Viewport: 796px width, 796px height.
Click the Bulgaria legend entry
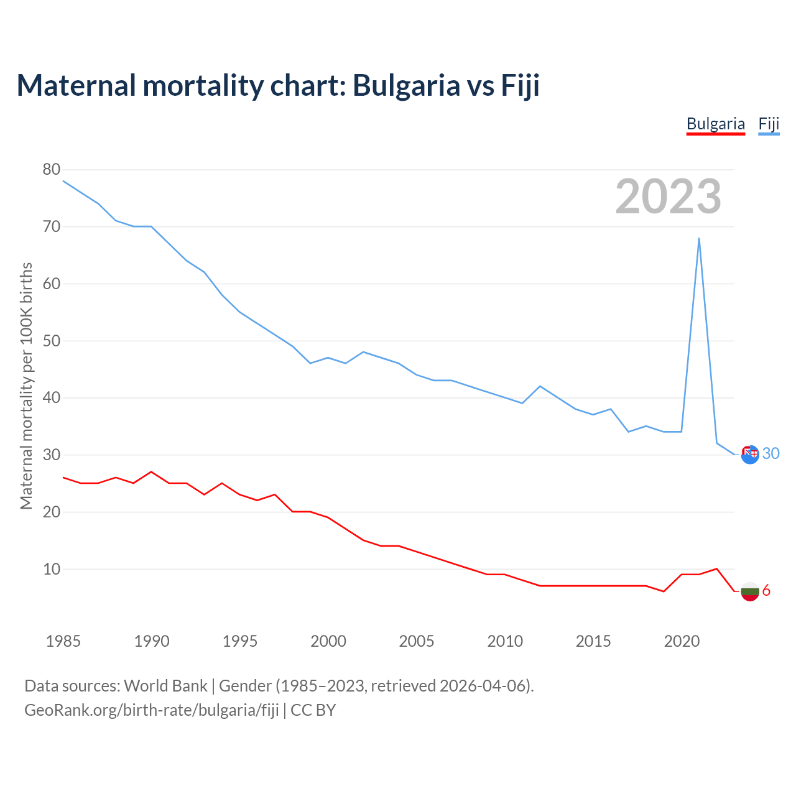(x=715, y=124)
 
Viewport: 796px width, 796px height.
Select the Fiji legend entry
(x=769, y=124)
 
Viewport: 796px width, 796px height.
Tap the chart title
(x=278, y=85)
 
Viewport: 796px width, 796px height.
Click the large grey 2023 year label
(x=668, y=197)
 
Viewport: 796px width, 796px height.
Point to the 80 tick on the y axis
(x=52, y=169)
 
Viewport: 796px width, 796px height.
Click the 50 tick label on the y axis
(x=52, y=341)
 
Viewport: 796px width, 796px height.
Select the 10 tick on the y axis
(x=52, y=569)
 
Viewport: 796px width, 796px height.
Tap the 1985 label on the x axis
(x=63, y=641)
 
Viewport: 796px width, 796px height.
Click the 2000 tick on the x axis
(x=328, y=641)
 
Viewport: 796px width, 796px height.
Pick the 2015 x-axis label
(x=593, y=641)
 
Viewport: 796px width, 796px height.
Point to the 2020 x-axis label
(x=682, y=641)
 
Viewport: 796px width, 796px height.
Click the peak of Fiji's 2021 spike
(x=699, y=238)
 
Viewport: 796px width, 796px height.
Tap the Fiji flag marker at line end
(x=750, y=455)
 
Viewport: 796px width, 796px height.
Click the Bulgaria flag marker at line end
(x=750, y=591)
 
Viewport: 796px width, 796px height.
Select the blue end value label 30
(x=771, y=454)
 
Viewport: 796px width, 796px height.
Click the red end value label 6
(x=766, y=591)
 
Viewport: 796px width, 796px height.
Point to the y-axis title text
(x=26, y=386)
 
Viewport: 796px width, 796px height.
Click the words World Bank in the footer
(x=165, y=686)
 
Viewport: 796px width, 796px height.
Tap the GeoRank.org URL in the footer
(x=152, y=710)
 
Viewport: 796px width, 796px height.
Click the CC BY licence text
(x=313, y=710)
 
